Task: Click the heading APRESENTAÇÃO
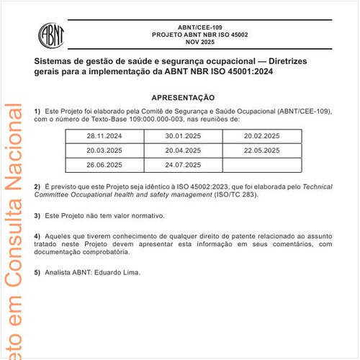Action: pyautogui.click(x=183, y=97)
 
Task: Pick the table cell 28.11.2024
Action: pyautogui.click(x=104, y=135)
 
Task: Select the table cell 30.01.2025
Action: pyautogui.click(x=183, y=135)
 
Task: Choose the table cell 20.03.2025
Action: pyautogui.click(x=104, y=150)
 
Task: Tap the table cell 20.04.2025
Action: pyautogui.click(x=183, y=150)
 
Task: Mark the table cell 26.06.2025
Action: pyautogui.click(x=104, y=165)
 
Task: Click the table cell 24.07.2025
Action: pyautogui.click(x=183, y=165)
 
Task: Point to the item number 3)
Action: pyautogui.click(x=37, y=215)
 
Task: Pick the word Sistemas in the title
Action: pyautogui.click(x=55, y=62)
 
